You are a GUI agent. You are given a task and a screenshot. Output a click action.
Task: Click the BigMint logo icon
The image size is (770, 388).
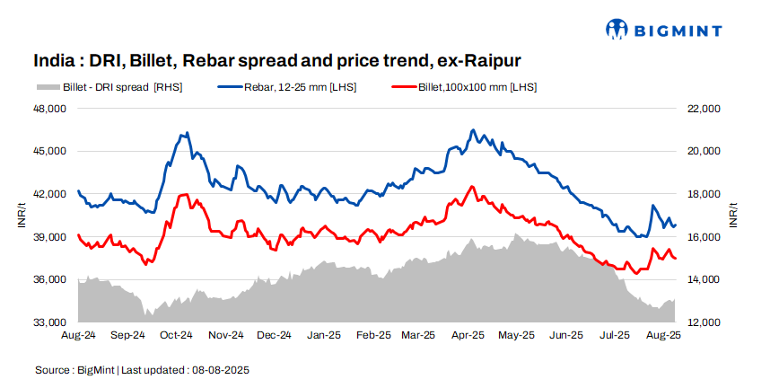click(x=617, y=30)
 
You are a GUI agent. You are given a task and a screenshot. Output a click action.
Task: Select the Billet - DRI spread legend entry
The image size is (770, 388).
click(x=109, y=87)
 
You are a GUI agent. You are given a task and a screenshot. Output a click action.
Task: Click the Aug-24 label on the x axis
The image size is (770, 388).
click(x=79, y=336)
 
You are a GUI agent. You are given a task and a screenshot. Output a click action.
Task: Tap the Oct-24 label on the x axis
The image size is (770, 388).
click(x=176, y=336)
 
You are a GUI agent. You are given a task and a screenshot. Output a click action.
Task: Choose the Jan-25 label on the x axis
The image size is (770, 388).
click(x=323, y=336)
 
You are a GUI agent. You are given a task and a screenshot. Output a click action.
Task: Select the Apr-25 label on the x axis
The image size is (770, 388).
click(x=468, y=336)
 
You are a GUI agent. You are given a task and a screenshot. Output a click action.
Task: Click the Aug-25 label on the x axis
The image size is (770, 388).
click(x=663, y=336)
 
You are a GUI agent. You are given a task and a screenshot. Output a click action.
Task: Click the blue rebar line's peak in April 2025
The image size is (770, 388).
click(x=473, y=130)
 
